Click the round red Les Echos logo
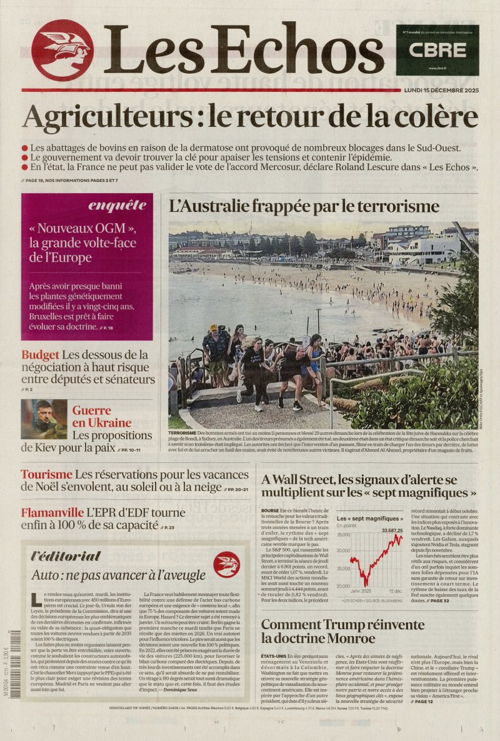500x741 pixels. coord(62,51)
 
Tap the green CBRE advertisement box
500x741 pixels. coord(437,51)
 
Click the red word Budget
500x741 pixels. coord(40,355)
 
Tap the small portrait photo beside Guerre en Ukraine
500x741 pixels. coord(44,419)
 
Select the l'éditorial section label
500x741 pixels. coord(66,556)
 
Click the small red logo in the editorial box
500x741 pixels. coord(226,565)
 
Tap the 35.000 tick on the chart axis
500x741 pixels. coord(343,535)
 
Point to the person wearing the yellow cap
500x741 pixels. coord(214,330)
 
